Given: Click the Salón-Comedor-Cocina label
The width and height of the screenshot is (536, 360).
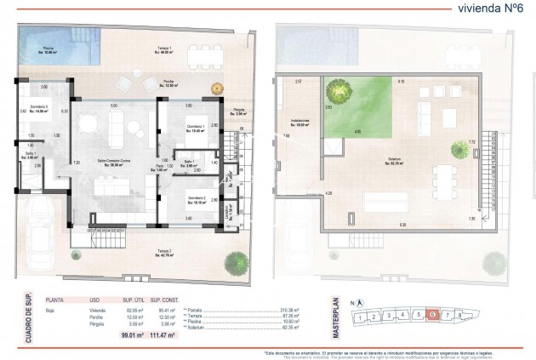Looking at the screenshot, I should [111, 164].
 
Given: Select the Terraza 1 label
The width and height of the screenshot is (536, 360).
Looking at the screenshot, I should [165, 49].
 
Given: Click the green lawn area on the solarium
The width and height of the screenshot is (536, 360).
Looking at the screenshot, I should [356, 106].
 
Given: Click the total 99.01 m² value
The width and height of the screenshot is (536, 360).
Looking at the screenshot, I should [130, 338].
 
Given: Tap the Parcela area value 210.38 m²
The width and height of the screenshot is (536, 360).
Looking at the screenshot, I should [291, 310].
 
